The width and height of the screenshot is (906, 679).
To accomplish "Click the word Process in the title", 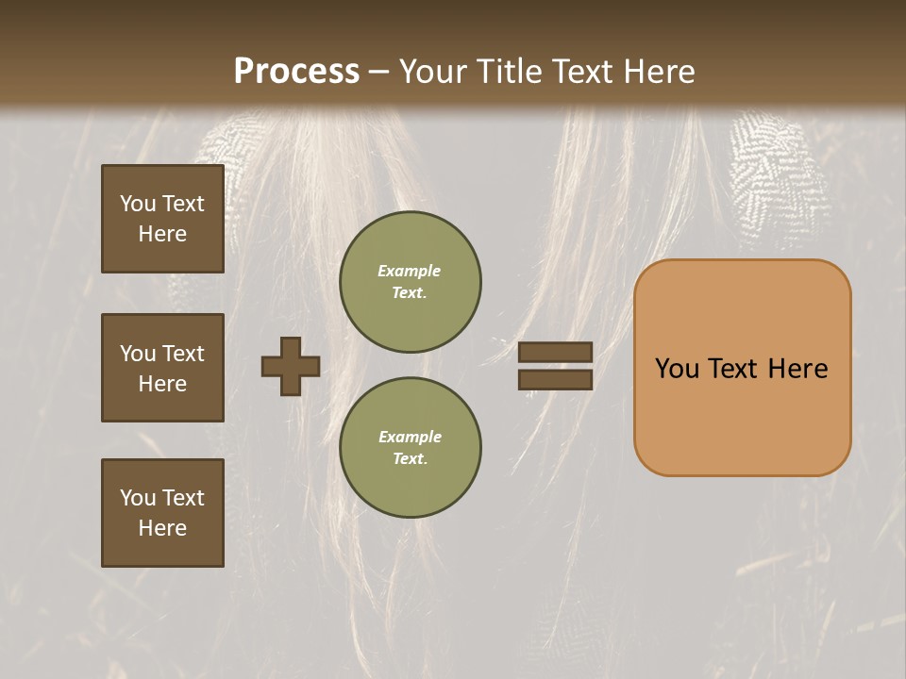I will coord(296,72).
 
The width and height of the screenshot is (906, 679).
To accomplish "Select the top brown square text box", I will coord(162,219).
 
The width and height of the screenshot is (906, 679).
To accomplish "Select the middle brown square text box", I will coord(162,368).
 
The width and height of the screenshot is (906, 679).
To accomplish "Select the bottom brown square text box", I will coord(162,513).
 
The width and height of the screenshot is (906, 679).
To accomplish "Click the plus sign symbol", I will coord(291,366).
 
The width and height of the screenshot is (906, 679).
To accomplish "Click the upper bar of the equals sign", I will coord(556,352).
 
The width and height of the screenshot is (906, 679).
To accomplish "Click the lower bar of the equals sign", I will coord(556,380).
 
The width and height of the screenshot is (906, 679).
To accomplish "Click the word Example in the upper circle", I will coord(410,271).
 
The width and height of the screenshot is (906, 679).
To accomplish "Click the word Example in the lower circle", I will coord(410,437).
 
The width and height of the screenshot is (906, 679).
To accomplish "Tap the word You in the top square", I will coord(138,204).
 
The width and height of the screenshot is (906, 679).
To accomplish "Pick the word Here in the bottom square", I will coord(162,528).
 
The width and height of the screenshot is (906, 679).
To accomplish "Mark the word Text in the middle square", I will coord(183,354).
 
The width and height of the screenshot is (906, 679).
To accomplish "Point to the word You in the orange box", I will coord(677,369).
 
